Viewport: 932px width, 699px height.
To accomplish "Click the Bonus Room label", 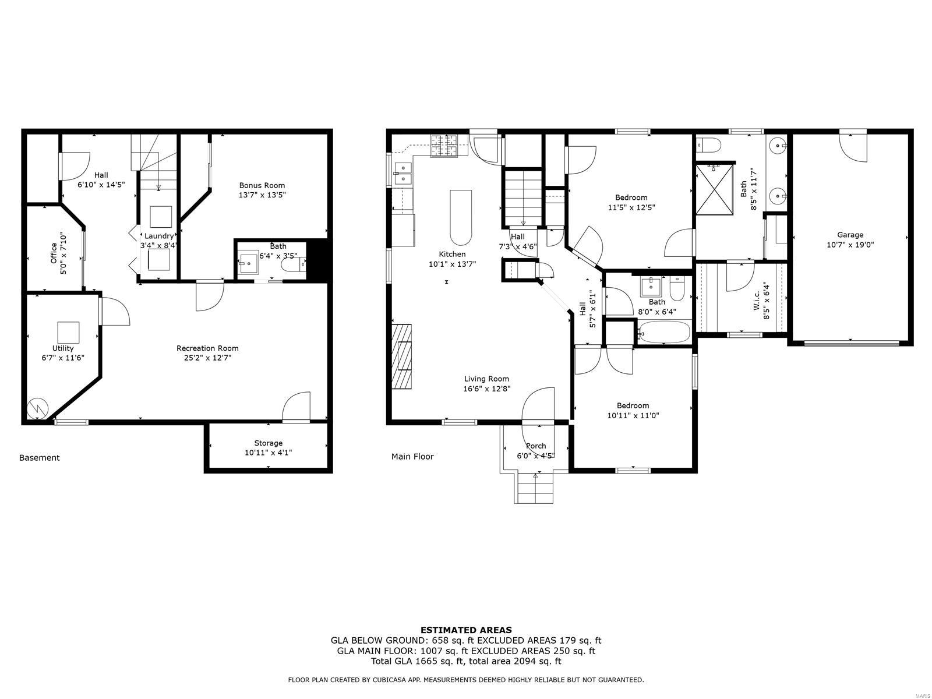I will (262, 185).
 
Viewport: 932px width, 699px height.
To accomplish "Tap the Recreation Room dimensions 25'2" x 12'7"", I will (207, 358).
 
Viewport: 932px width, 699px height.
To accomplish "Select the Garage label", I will (850, 235).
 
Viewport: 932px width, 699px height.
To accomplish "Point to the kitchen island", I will (460, 217).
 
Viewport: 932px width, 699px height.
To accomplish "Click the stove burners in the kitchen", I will (444, 146).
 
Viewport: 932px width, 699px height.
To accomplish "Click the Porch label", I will (536, 446).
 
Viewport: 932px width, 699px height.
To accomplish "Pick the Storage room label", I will (268, 443).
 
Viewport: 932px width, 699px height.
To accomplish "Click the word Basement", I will (39, 458).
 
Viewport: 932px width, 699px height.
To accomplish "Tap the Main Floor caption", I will (412, 457).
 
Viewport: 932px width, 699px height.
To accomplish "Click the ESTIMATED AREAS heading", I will (466, 630).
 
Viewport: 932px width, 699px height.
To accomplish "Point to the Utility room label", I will (63, 348).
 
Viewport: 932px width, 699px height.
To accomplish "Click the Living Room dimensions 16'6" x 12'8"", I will (487, 389).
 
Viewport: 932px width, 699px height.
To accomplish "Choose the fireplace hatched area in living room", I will (402, 355).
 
